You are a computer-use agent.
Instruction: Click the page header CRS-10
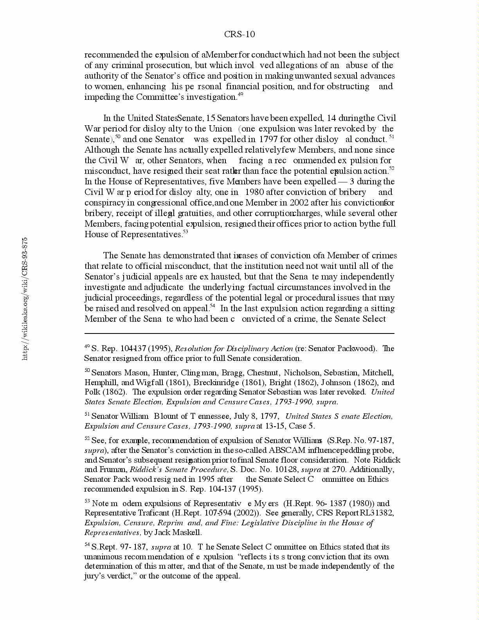point(239,34)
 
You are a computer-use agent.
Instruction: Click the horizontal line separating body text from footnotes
point(239,334)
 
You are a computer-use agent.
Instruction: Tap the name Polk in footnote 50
point(92,392)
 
